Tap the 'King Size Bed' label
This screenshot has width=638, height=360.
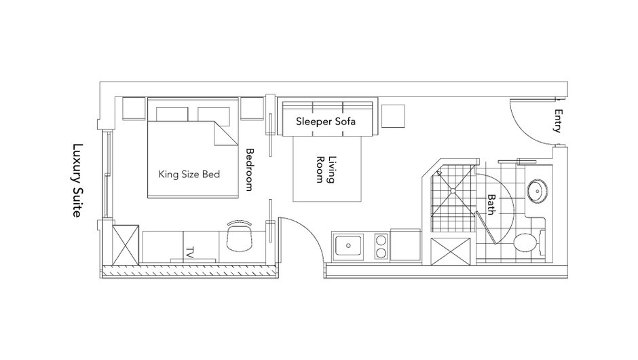(189, 174)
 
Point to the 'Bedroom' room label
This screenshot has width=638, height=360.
(249, 169)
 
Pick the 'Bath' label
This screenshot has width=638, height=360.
(491, 204)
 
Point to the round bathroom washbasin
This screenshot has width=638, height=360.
(538, 191)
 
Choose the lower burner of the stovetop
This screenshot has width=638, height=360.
(381, 254)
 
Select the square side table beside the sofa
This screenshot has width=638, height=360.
(392, 116)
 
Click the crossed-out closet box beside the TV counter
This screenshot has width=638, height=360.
(126, 246)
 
